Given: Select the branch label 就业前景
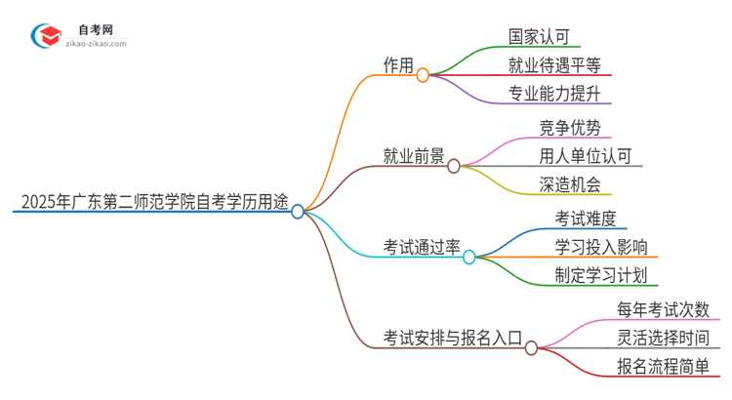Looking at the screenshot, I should click(x=414, y=157).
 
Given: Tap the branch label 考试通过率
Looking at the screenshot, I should click(x=422, y=248).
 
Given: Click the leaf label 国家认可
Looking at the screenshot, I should click(x=543, y=37).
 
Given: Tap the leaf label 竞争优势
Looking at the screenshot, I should click(x=569, y=128).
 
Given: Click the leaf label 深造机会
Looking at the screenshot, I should click(x=569, y=185).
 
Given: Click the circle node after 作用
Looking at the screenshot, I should click(x=423, y=75).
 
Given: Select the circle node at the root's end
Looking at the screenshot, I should click(x=298, y=211).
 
